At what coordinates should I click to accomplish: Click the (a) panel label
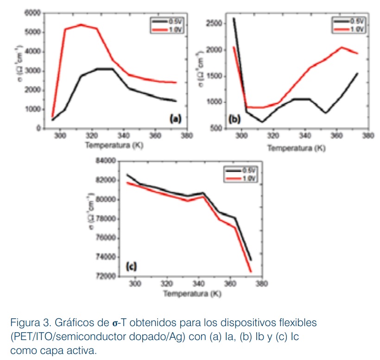[175, 119]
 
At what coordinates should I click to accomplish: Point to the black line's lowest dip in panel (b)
[262, 122]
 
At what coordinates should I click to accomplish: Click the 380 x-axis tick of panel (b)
[368, 137]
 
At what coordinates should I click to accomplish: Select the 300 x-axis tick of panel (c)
[135, 284]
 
